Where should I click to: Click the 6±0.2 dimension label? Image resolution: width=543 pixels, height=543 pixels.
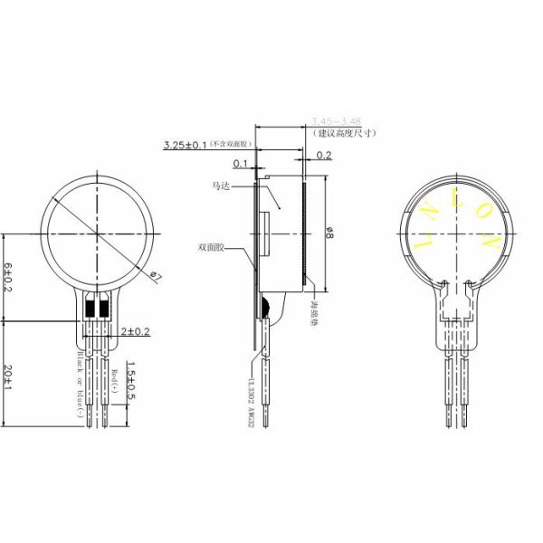click(x=9, y=276)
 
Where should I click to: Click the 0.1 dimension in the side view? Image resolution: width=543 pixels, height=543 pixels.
click(x=240, y=164)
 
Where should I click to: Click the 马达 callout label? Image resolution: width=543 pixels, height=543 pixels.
click(x=221, y=186)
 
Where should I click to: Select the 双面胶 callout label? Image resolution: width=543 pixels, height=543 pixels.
click(x=210, y=246)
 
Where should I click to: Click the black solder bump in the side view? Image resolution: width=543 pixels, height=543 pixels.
click(x=264, y=305)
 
